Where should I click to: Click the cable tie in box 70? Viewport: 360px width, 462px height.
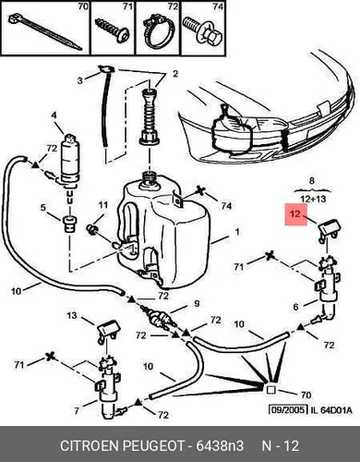(x=44, y=32)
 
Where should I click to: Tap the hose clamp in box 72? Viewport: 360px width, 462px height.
(x=158, y=32)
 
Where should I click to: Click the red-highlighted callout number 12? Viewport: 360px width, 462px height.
(x=295, y=213)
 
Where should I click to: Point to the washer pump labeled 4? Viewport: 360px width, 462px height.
(x=70, y=162)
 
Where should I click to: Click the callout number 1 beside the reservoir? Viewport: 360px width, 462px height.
(x=236, y=232)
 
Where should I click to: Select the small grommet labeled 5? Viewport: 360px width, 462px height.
(x=70, y=224)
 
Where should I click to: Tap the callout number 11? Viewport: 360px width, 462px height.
(x=103, y=205)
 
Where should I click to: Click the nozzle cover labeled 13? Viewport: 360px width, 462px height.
(x=109, y=331)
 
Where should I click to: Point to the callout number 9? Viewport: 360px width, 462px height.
(x=197, y=304)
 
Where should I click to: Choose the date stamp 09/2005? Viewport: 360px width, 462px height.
(x=288, y=409)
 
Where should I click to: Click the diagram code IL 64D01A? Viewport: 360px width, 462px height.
(x=330, y=410)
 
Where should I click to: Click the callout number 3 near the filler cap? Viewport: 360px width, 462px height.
(x=80, y=80)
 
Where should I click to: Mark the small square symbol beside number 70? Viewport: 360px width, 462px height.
(x=270, y=390)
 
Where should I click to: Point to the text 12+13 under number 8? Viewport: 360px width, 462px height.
(x=313, y=199)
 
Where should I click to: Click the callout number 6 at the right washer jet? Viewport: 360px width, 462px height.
(x=295, y=307)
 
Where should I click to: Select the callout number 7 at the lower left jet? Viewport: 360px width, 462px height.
(x=77, y=410)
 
